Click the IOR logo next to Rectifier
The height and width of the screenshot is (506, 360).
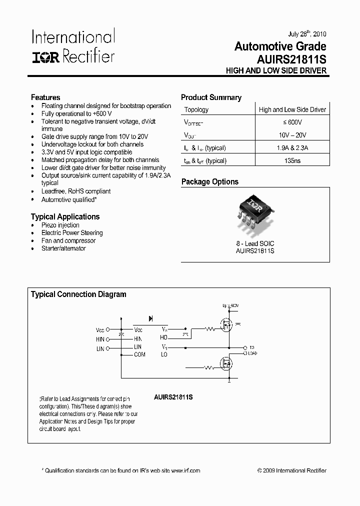tap(46, 57)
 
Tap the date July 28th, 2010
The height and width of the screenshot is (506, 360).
tap(307, 34)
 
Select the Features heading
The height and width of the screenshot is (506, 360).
tap(45, 97)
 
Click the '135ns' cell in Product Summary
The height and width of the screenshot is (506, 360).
tap(292, 160)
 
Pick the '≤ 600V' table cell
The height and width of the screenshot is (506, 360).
tap(292, 122)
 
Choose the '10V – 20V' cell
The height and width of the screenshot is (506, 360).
tap(292, 135)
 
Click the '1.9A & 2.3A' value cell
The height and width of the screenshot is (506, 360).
tap(292, 148)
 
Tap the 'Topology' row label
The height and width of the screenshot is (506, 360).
tap(196, 109)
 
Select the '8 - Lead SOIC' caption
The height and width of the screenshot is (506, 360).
tap(255, 243)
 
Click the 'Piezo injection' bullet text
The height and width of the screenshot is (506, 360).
tap(60, 225)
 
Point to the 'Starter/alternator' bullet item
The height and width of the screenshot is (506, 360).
tap(63, 248)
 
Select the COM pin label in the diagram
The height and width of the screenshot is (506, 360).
tap(139, 354)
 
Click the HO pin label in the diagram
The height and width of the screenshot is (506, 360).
tap(164, 337)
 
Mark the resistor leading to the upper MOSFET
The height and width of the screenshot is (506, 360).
tap(210, 328)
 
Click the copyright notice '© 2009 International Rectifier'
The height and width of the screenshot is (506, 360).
tap(291, 470)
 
